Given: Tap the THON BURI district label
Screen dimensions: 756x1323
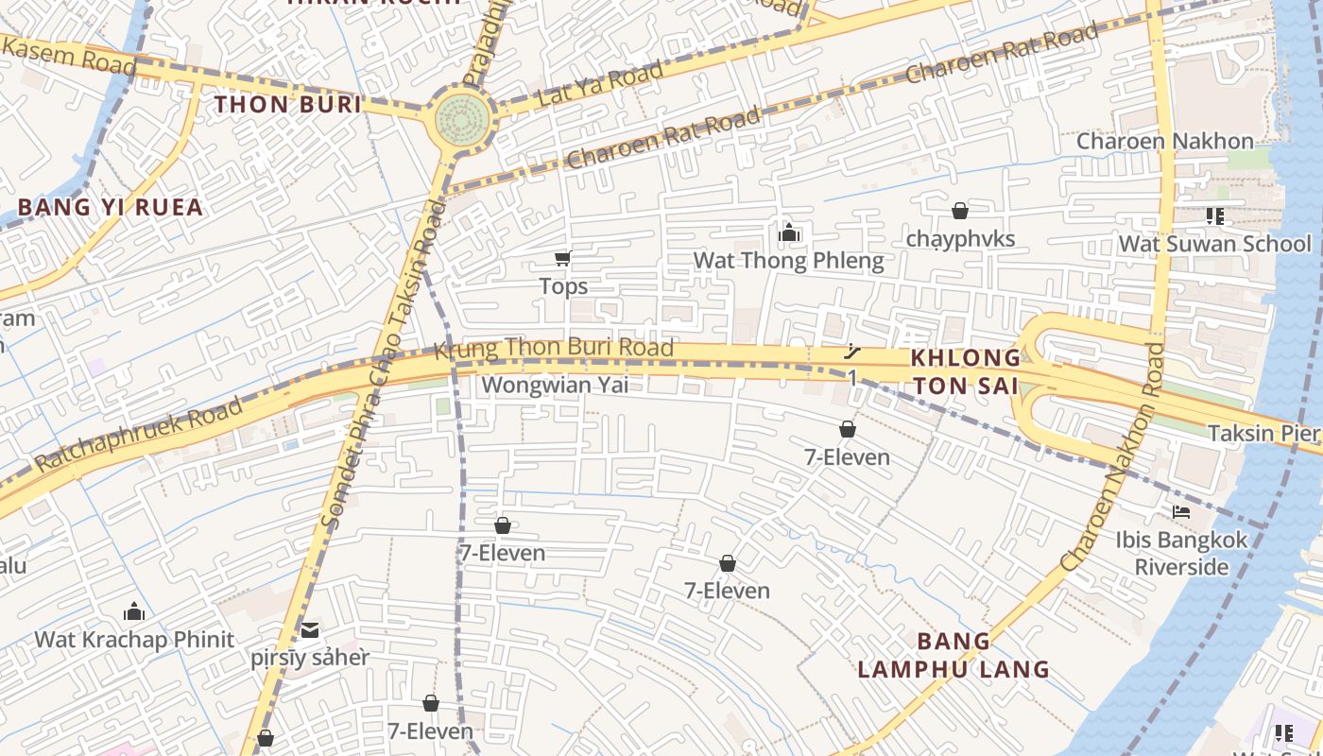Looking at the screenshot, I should point(288,104).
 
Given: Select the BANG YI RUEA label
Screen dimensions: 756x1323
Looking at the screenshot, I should point(111,207).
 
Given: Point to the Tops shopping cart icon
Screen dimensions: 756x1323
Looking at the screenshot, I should point(562,258).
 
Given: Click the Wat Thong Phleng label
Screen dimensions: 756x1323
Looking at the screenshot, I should point(788,261).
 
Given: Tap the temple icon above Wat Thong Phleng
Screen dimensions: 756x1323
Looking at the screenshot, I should point(789,232).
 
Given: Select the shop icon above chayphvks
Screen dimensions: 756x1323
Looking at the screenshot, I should point(960,211).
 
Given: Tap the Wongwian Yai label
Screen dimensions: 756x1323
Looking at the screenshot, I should point(555,385).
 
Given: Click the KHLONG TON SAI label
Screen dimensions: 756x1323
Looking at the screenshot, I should point(966,371).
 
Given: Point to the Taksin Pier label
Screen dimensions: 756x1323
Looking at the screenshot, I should point(1263,433).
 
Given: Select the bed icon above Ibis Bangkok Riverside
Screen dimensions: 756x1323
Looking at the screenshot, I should point(1181,512).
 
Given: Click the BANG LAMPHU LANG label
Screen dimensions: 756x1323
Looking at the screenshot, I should point(954,655).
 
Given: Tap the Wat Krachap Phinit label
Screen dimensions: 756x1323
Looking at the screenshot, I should point(134,639).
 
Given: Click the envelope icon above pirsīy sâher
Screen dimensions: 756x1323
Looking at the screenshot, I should point(310,629).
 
